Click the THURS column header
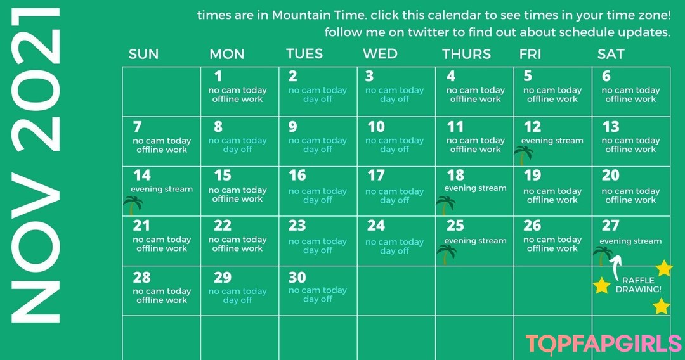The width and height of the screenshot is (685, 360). tap(466, 54)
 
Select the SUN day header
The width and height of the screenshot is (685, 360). tap(143, 54)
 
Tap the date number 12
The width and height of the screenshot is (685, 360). tap(532, 127)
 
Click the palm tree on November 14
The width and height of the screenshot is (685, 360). tap(133, 205)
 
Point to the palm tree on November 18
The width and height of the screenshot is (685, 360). tap(446, 205)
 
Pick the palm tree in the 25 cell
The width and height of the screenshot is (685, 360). tap(447, 254)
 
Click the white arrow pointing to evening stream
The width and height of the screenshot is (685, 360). tap(615, 267)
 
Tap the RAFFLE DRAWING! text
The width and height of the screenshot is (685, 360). tap(638, 285)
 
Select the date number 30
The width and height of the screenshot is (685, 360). tap(297, 277)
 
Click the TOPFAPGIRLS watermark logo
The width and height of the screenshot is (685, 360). tap(603, 344)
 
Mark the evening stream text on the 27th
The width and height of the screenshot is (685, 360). tap(630, 241)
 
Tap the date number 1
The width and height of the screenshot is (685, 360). tap(218, 76)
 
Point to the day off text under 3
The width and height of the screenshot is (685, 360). tap(395, 99)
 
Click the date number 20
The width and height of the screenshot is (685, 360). tap(610, 175)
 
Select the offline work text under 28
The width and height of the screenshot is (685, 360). tap(162, 300)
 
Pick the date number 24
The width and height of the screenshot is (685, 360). tap(375, 225)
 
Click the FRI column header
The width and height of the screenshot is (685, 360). tap(530, 54)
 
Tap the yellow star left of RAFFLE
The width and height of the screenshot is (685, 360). tap(601, 285)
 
